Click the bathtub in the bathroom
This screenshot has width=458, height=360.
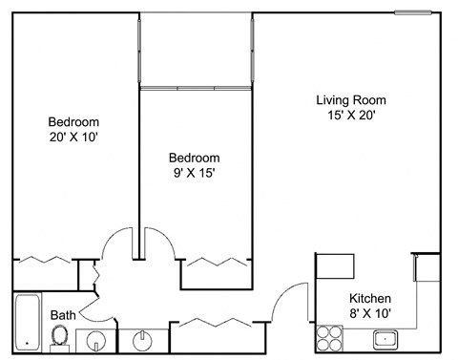tap(26, 323)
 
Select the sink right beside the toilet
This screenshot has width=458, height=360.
tap(94, 339)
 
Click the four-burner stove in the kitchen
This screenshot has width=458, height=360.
tap(330, 337)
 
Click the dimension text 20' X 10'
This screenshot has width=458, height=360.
tap(73, 138)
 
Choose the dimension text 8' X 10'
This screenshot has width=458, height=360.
tap(369, 312)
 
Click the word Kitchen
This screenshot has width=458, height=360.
tap(369, 297)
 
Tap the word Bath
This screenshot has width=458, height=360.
tap(63, 313)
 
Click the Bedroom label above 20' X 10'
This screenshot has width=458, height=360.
tap(73, 122)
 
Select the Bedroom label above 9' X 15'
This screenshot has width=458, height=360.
tap(194, 158)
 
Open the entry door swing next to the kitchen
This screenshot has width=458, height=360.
tap(286, 304)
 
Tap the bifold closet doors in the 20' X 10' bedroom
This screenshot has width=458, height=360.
tap(46, 259)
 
